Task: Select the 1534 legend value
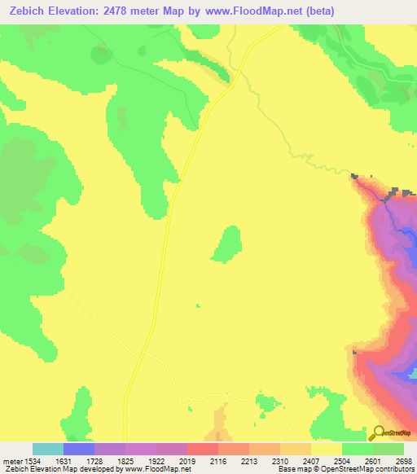click(33, 460)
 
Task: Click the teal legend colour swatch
click(48, 449)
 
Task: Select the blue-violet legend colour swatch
click(79, 449)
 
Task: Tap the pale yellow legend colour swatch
click(327, 449)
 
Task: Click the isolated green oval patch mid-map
click(226, 244)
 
